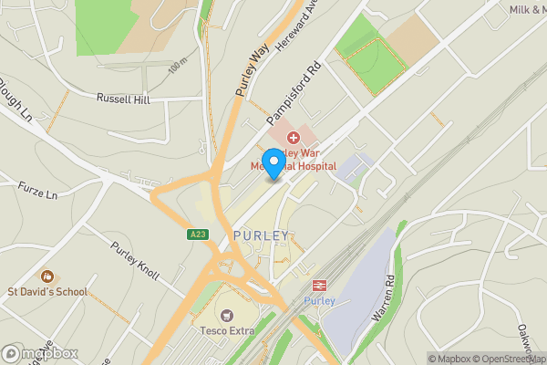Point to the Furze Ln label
[x=37, y=192]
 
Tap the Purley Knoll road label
[x=134, y=262]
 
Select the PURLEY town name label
[x=261, y=235]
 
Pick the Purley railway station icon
[x=320, y=285]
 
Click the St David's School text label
[x=47, y=292]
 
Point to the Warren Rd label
[x=382, y=297]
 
